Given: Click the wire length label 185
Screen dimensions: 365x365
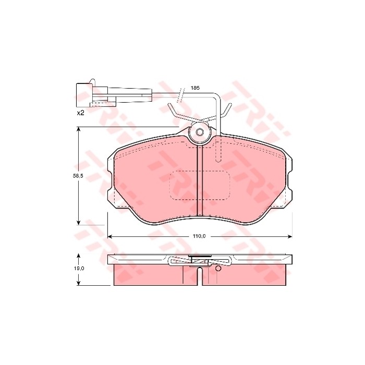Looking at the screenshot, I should [x=195, y=88].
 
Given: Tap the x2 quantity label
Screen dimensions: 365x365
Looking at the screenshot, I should [x=80, y=113].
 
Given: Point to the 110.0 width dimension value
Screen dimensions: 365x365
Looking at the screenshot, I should [x=199, y=236].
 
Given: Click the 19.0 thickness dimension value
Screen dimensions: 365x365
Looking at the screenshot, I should [x=78, y=268].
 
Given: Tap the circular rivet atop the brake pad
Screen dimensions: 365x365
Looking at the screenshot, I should [x=199, y=133].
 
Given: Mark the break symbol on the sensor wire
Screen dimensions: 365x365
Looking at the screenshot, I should [x=181, y=95].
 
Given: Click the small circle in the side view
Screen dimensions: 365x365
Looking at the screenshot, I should [x=218, y=269].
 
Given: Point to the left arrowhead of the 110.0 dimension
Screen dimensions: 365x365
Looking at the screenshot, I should [x=110, y=236].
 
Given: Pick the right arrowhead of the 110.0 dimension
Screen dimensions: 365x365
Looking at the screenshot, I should [x=289, y=236].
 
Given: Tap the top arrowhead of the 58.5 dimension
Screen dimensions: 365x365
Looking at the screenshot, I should [x=78, y=132].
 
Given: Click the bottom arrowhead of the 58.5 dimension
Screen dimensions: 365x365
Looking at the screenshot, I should [x=78, y=221].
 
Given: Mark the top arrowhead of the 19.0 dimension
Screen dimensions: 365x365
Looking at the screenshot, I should [x=78, y=256].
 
